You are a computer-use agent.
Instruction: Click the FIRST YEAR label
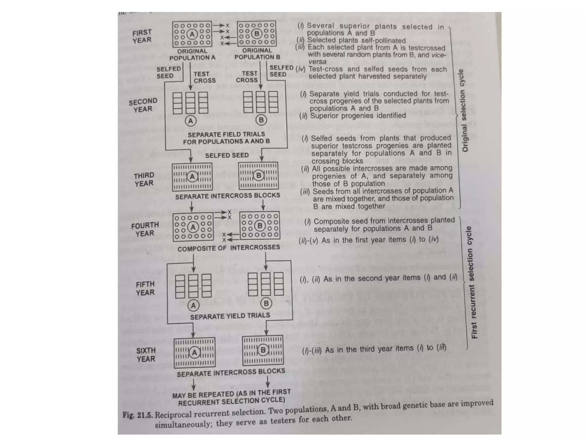pos(142,36)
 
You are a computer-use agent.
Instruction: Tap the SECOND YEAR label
pos(143,105)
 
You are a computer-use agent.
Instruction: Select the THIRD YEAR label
pos(144,179)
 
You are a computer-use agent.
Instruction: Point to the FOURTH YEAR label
pos(145,229)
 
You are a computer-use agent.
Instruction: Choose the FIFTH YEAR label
pos(145,288)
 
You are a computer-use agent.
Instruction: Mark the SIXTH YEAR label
pos(146,355)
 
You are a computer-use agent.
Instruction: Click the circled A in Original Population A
pos(192,34)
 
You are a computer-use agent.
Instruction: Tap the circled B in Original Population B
pos(257,34)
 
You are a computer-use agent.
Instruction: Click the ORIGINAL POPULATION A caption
pos(192,54)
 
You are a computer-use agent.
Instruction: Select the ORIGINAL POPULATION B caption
pos(257,54)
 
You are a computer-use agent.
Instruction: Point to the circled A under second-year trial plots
pos(191,121)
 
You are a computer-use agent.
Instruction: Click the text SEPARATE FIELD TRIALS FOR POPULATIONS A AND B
pos(226,138)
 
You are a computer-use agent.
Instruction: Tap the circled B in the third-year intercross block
pos(259,175)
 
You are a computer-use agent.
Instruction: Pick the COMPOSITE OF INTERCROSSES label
pos(228,248)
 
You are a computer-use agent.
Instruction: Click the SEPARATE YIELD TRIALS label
pos(230,316)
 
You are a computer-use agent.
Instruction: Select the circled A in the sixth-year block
pos(195,353)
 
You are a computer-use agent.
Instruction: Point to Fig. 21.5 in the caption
pos(138,415)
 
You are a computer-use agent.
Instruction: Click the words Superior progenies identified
pos(358,116)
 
